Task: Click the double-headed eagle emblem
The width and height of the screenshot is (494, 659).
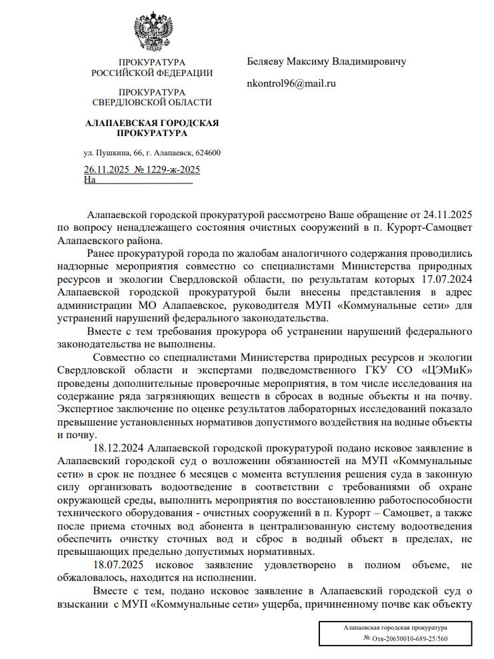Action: tap(154, 30)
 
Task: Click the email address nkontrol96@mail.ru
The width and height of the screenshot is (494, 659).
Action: tap(291, 83)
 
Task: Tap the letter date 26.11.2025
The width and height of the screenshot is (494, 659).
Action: tap(106, 170)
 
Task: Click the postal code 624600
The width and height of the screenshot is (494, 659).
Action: tap(208, 153)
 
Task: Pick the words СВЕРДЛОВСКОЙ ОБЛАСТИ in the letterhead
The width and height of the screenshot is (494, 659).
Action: tap(152, 102)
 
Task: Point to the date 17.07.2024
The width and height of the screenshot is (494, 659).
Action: tap(447, 279)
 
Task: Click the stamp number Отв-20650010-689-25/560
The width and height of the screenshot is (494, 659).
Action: tap(409, 639)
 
